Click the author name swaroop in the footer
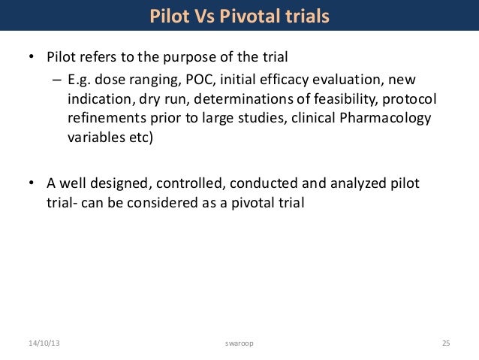pos(239,343)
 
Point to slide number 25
pos(445,343)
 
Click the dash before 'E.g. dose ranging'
pos(56,80)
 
